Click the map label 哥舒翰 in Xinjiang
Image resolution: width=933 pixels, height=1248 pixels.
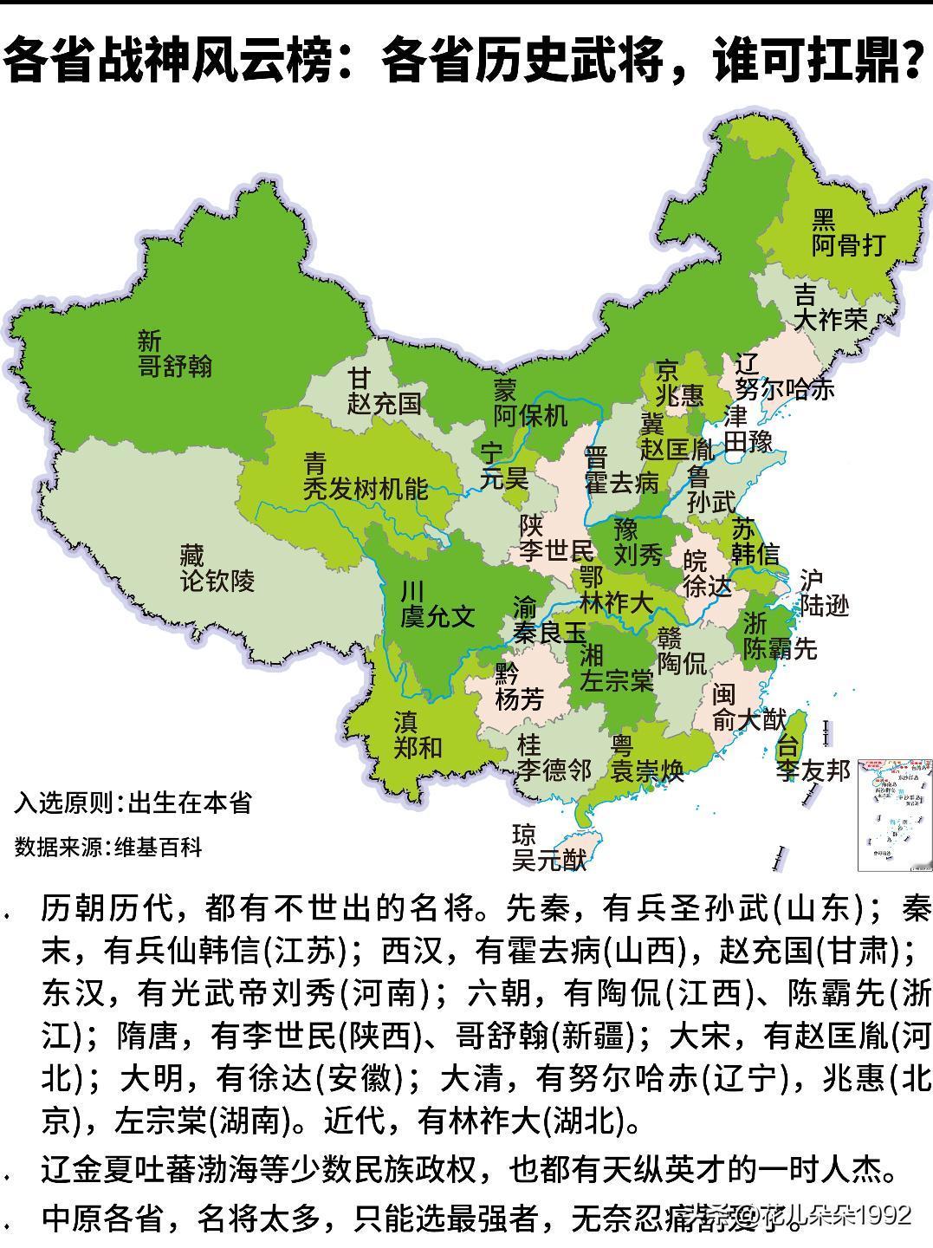click(x=175, y=366)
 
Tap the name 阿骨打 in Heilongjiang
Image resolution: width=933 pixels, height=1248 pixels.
click(x=849, y=245)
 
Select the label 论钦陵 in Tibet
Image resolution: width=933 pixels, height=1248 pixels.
click(x=217, y=580)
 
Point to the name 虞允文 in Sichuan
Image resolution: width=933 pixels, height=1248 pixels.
click(x=437, y=616)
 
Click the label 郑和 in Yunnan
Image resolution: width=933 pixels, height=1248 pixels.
click(x=418, y=746)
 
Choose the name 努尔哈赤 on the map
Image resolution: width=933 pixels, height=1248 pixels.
click(x=784, y=388)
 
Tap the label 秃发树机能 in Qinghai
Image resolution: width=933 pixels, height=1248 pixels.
click(x=365, y=489)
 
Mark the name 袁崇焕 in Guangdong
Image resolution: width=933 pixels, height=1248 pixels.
click(x=647, y=770)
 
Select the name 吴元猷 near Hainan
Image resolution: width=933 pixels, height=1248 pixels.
click(x=549, y=860)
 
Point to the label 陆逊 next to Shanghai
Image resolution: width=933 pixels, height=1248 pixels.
click(x=824, y=606)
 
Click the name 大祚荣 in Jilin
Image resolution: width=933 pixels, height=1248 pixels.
click(x=831, y=319)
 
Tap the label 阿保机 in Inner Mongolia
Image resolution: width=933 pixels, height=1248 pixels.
click(x=530, y=415)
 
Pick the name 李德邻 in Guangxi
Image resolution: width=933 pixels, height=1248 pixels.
click(x=554, y=770)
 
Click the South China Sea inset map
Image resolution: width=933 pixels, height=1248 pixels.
click(x=891, y=814)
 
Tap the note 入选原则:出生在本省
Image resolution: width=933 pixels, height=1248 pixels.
click(x=133, y=803)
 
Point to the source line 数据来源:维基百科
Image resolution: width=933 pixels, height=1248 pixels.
click(x=108, y=847)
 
